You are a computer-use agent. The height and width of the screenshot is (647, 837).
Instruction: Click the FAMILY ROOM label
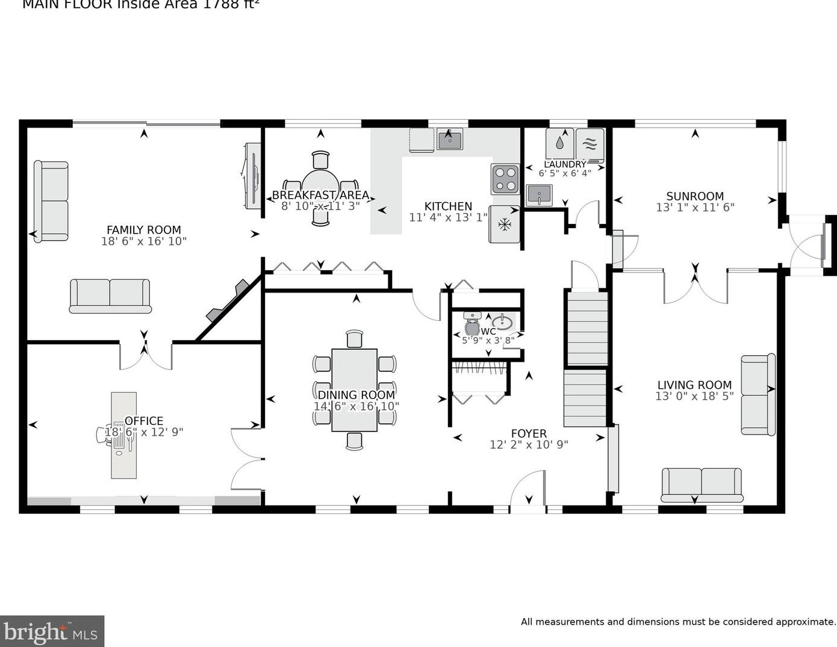[x=143, y=230]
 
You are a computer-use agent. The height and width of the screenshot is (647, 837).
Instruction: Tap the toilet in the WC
[x=472, y=327]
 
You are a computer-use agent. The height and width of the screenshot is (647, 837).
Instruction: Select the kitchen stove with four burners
[x=505, y=179]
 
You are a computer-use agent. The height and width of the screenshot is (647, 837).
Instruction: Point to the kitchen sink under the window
[x=449, y=140]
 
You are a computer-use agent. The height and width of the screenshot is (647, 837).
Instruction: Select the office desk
[x=123, y=435]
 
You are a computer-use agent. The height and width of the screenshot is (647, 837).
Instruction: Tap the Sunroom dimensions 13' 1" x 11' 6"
[x=695, y=208]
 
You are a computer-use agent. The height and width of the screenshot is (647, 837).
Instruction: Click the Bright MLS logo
[x=52, y=631]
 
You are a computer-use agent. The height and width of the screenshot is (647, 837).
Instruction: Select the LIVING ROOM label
[x=694, y=385]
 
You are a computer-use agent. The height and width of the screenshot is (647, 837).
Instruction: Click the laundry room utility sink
[x=539, y=195]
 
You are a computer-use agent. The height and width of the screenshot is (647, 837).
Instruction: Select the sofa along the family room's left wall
[x=51, y=202]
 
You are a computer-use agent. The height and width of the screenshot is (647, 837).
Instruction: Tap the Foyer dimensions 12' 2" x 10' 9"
[x=529, y=445]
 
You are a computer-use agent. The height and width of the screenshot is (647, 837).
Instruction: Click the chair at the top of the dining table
[x=355, y=339]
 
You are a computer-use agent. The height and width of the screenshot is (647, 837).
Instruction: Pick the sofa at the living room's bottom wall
[x=702, y=484]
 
